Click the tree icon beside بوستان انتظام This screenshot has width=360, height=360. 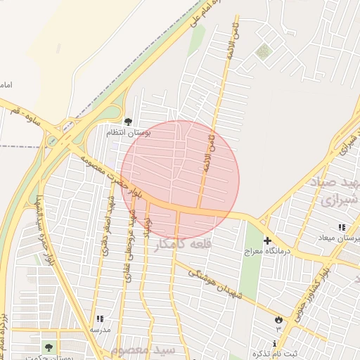pyautogui.click(x=128, y=122)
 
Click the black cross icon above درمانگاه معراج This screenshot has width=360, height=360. pyautogui.click(x=267, y=240)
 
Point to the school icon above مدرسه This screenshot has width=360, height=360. pyautogui.click(x=99, y=319)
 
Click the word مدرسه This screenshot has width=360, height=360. pyautogui.click(x=99, y=328)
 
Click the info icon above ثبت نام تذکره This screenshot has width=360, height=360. pyautogui.click(x=274, y=342)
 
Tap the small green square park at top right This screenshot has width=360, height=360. pyautogui.click(x=263, y=51)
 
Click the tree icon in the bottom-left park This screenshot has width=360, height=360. pyautogui.click(x=49, y=347)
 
